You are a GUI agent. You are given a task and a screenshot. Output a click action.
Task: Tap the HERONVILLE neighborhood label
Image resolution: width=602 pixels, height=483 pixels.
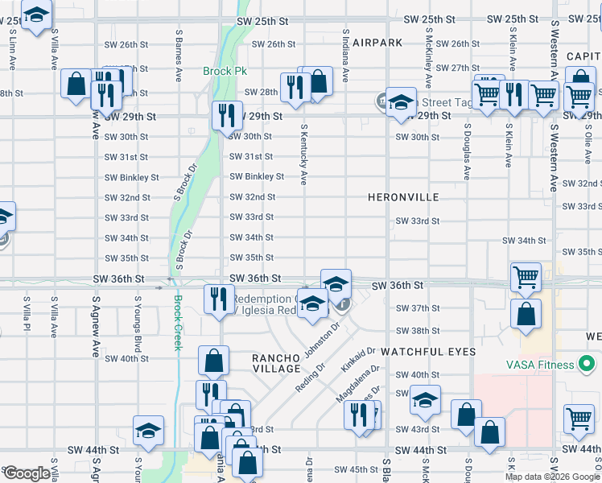[403, 197]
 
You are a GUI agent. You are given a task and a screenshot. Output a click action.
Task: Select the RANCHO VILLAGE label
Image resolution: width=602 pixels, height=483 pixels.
[276, 363]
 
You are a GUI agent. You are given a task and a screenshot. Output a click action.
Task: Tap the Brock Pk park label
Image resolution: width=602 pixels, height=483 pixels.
[225, 72]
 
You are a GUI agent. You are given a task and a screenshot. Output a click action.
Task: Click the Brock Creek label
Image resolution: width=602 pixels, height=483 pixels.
[178, 322]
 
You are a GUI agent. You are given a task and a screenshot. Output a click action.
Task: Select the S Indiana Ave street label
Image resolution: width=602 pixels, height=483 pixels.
[345, 56]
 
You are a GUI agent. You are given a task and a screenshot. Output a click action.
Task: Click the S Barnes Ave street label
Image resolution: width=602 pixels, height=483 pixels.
[178, 56]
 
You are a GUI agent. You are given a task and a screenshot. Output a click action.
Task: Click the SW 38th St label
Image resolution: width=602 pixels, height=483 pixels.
[417, 331]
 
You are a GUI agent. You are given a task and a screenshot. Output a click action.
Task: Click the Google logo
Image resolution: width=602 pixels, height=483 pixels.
[26, 474]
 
